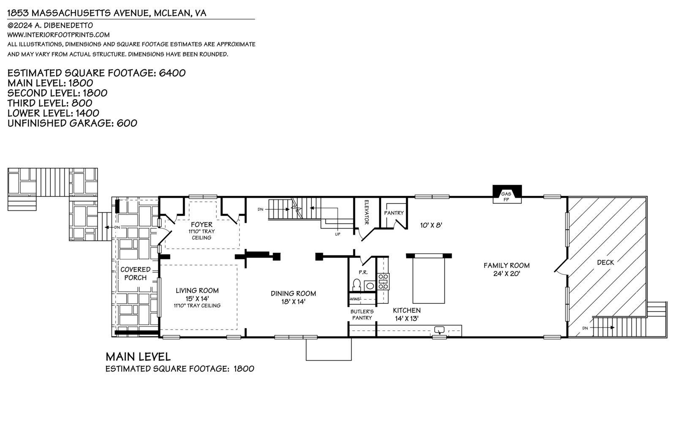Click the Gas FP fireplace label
tap(506, 197)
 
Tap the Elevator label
tap(367, 212)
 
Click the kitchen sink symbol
tap(439, 330)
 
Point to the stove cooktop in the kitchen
tap(383, 282)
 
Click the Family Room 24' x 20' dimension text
tap(507, 274)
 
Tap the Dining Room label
tap(293, 293)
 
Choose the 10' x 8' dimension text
tap(431, 225)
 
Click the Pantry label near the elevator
tap(394, 213)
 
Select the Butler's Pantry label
tap(362, 315)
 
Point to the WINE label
tap(355, 299)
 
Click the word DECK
tap(606, 263)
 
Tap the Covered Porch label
tap(136, 274)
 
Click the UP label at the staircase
tap(338, 234)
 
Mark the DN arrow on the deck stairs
tap(602, 328)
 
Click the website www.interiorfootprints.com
tap(58, 35)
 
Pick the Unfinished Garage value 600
tap(127, 123)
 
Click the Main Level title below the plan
tap(138, 357)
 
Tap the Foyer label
tap(202, 225)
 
